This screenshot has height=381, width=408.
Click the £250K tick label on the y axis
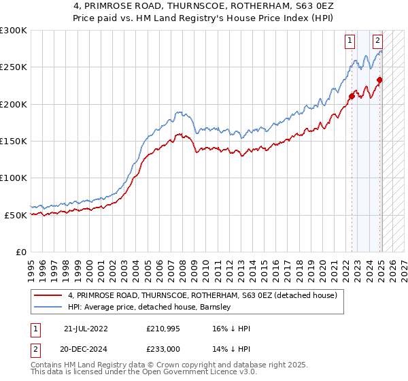[x=14, y=67]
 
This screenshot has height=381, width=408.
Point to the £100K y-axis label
[x=14, y=178]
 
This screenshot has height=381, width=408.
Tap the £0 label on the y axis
[x=20, y=252]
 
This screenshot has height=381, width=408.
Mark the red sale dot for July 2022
[x=352, y=96]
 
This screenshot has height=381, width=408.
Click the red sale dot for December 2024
[x=380, y=80]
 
